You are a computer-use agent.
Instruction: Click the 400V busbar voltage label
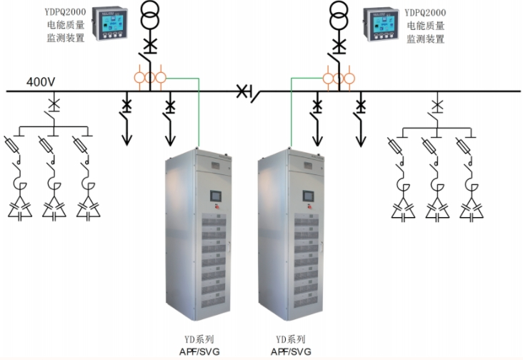point(41,81)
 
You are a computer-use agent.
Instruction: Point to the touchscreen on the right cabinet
point(308,196)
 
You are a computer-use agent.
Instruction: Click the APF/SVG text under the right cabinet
point(290,351)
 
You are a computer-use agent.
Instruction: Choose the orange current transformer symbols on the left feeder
point(149,77)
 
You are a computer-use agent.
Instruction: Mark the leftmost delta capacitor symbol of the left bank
point(19,209)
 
